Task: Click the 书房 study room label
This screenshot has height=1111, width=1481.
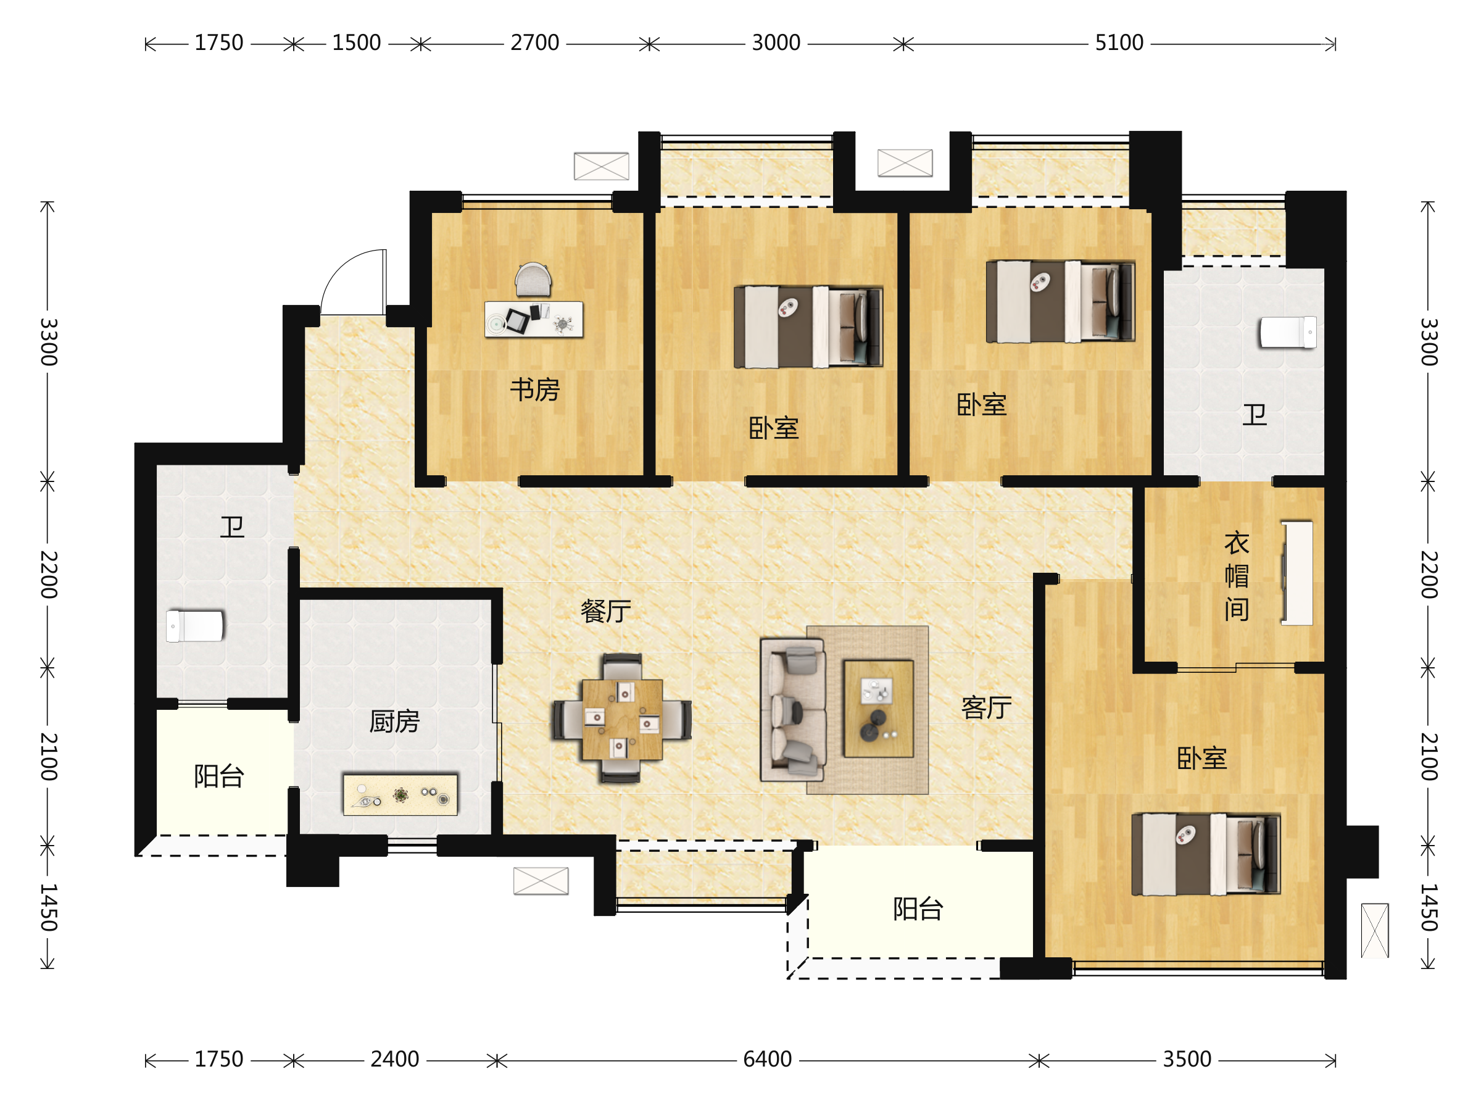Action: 534,389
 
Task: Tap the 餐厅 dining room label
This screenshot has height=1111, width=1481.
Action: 605,612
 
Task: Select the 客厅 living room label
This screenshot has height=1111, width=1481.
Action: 986,707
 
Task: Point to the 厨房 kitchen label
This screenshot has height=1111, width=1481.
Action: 394,722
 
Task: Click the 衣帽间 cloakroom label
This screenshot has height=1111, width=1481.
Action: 1237,576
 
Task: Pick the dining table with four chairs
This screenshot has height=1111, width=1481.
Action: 621,718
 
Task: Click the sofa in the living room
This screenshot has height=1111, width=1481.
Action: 793,710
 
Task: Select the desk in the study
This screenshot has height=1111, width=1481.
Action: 534,320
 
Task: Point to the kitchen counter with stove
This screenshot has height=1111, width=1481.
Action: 400,795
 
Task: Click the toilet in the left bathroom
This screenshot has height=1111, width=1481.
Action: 195,626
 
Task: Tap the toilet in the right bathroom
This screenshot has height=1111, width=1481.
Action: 1287,333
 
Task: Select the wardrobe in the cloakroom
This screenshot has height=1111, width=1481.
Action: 1298,573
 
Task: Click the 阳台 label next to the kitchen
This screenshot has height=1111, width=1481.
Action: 219,776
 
